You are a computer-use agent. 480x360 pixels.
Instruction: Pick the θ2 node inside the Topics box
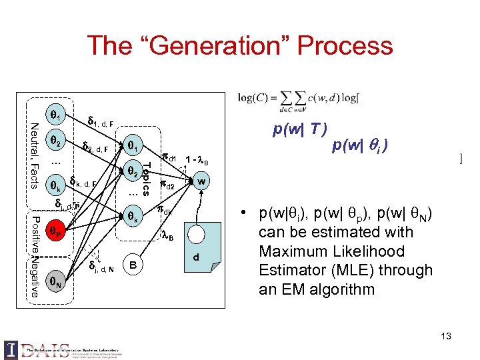tap(133, 171)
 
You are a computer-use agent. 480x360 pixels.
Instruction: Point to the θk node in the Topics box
tap(133, 216)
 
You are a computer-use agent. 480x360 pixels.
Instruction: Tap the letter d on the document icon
tap(196, 257)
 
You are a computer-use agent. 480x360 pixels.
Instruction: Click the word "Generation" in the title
tap(224, 46)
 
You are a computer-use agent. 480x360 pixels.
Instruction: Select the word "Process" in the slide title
tap(345, 46)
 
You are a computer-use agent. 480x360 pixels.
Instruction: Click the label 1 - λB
tap(197, 161)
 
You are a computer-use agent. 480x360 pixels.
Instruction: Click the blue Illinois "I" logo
tap(11, 349)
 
